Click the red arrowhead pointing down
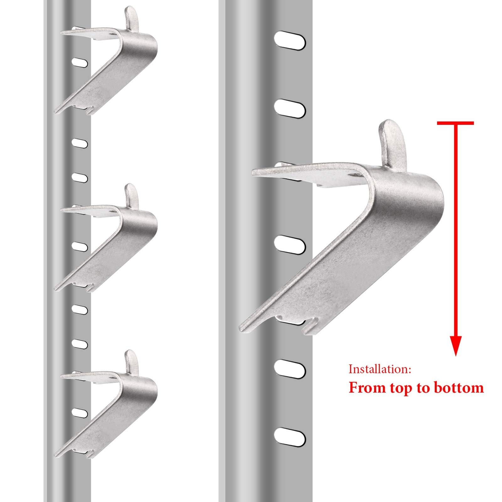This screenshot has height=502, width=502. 456,345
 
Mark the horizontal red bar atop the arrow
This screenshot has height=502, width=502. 455,123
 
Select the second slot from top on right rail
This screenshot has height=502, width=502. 290,109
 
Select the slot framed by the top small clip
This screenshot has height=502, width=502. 80,62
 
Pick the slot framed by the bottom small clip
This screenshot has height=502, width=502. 80,412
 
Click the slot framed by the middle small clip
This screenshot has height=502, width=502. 80,246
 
